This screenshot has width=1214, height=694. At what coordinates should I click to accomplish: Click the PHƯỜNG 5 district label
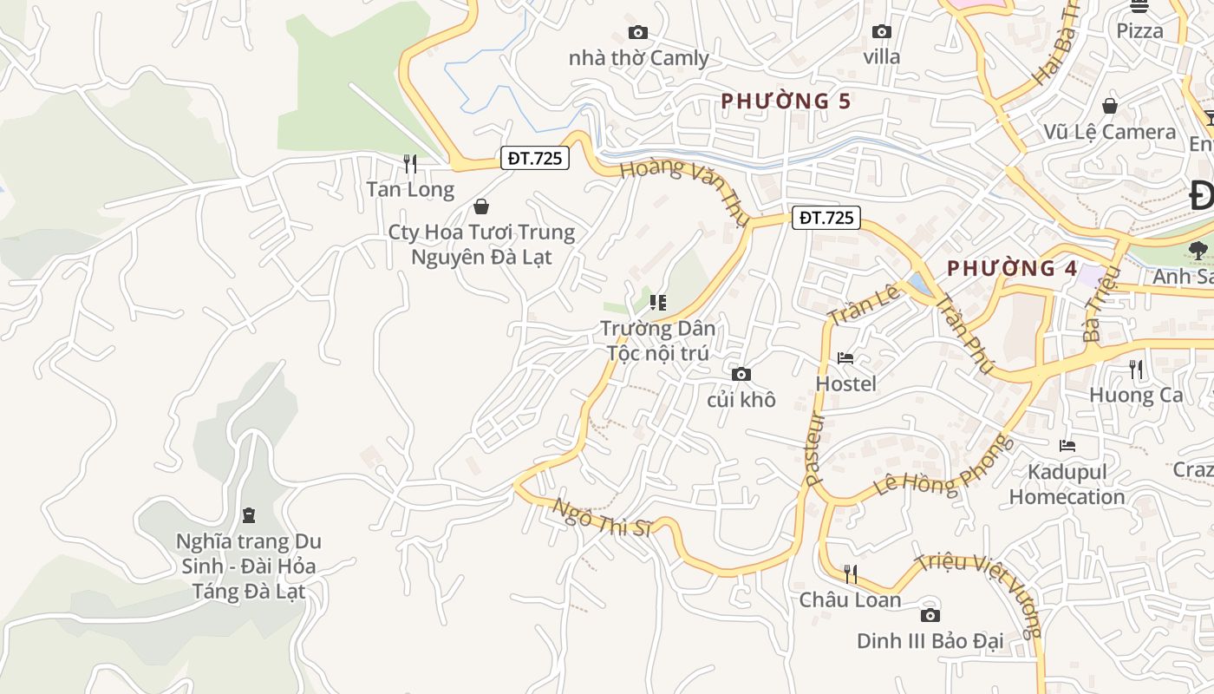coord(786,101)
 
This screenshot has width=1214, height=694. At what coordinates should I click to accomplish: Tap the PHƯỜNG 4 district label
coord(1012,269)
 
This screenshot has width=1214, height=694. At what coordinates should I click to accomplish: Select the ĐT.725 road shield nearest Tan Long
coord(536,158)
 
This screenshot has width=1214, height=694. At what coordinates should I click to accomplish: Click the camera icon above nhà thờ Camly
coord(638,33)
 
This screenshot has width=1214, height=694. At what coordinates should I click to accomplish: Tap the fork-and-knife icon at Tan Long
coord(410,163)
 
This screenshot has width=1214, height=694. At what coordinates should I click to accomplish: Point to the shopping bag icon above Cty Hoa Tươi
coord(481,206)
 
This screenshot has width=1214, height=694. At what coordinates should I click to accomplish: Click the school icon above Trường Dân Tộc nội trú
coord(657,303)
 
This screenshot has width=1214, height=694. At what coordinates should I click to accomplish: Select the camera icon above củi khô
coord(741,374)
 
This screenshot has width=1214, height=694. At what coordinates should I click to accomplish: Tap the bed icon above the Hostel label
coord(845,357)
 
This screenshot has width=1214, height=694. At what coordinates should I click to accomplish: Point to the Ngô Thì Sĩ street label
coord(602,518)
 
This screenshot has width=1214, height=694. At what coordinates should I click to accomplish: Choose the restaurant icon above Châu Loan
coord(851,573)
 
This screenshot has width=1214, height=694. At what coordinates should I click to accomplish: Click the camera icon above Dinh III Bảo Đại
coord(930,615)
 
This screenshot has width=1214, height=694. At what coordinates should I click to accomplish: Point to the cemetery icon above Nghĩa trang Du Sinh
coord(249,515)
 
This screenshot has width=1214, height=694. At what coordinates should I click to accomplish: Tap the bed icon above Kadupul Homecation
coord(1067,446)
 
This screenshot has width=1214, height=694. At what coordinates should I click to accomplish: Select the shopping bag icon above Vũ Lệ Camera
coord(1109,106)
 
